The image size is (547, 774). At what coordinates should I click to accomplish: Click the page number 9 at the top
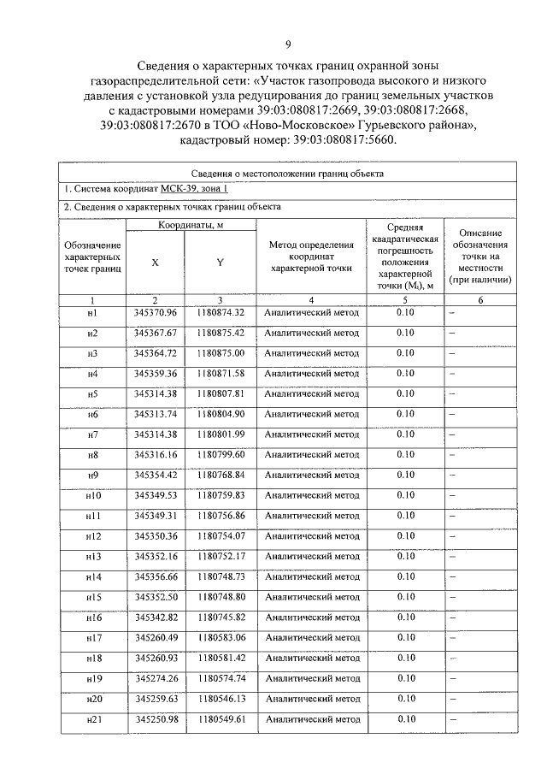tap(287, 44)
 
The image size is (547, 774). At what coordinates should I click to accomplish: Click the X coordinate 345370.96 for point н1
tap(155, 312)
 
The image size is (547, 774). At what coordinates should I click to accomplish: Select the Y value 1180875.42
tap(220, 333)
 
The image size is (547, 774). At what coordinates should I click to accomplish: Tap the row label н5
tap(92, 393)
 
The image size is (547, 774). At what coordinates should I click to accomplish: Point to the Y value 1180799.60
tap(220, 454)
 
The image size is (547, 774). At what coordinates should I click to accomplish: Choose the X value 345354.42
tap(155, 475)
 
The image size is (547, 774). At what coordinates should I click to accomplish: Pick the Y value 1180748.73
tap(220, 576)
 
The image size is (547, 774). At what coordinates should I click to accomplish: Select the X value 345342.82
tap(155, 617)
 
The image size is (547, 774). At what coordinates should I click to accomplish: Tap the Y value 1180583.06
tap(220, 637)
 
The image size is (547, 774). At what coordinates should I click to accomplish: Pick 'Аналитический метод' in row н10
tap(311, 495)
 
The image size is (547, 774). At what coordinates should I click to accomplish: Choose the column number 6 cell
tap(480, 300)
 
